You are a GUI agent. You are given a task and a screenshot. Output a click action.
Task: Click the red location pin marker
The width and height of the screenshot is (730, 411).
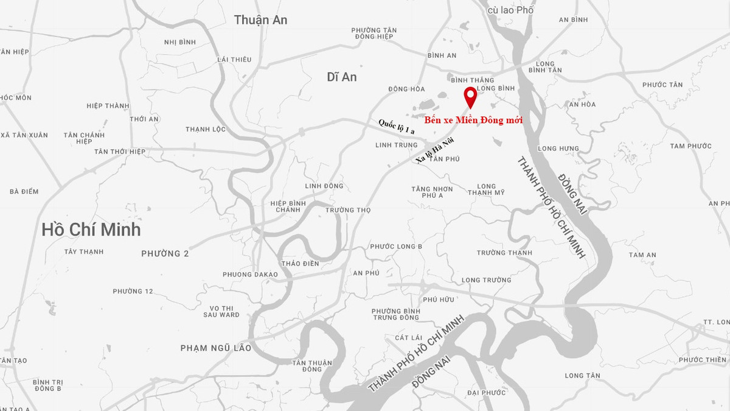click(x=470, y=97)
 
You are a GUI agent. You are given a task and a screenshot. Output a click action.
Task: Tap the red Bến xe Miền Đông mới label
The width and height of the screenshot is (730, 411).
click(x=473, y=121)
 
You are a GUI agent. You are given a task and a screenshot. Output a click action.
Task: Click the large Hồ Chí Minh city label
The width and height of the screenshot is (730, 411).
click(x=91, y=230)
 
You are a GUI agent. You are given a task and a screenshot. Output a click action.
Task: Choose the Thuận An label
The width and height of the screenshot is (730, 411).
click(x=260, y=20)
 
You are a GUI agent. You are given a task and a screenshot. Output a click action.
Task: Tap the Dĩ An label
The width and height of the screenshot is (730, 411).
click(x=342, y=77)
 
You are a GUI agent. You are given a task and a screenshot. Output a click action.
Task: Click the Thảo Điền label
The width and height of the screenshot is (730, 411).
click(x=301, y=264)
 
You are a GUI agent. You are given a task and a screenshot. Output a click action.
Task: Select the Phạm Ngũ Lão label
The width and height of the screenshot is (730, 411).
click(x=216, y=348)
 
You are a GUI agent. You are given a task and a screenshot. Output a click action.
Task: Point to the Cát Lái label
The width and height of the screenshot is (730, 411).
click(x=408, y=338)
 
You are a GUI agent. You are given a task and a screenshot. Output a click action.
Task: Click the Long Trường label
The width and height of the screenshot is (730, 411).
click(x=487, y=280)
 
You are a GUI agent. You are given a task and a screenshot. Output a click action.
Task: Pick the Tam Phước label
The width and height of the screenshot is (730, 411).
click(x=690, y=146)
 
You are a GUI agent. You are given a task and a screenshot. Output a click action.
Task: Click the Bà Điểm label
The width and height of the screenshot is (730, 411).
click(x=24, y=192)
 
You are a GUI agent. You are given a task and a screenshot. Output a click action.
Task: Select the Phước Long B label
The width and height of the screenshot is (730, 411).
click(x=396, y=247)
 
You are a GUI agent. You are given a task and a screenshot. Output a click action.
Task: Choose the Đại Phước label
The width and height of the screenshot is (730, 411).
click(x=487, y=393)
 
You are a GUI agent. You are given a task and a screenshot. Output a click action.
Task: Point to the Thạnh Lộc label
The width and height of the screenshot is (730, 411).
click(x=206, y=129)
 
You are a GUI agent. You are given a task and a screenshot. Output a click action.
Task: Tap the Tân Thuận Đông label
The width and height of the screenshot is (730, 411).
click(x=312, y=366)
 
